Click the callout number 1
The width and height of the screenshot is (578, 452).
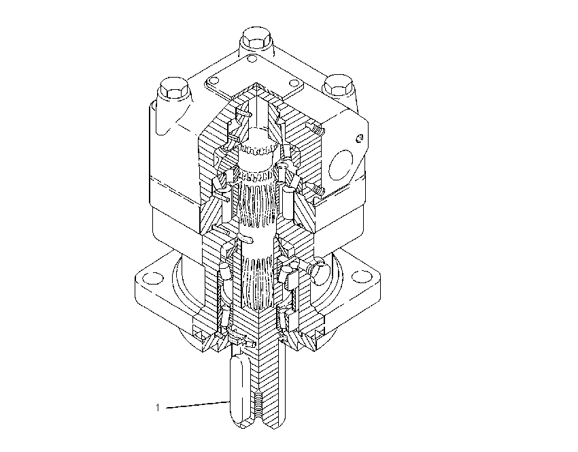coord(158,408)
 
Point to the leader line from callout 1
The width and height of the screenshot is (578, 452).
coord(198,405)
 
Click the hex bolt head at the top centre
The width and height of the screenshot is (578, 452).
coord(256,39)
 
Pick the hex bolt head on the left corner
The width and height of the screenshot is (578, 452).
coord(174,88)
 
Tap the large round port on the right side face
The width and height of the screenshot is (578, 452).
coord(341,165)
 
